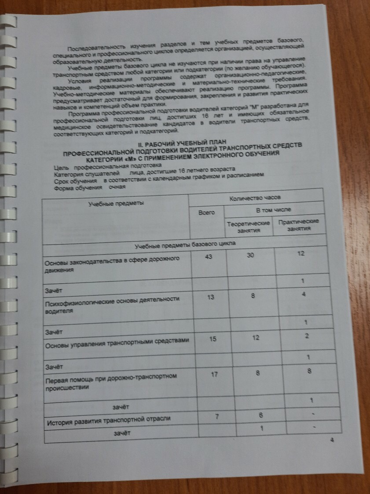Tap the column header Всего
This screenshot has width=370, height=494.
[x=207, y=212]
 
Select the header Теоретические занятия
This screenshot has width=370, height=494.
[x=248, y=227]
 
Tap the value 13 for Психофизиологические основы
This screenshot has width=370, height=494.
[x=211, y=297]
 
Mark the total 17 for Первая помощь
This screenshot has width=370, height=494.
[x=214, y=375]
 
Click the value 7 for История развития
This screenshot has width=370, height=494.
[x=217, y=416]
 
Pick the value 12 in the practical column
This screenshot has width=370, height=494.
[x=301, y=253]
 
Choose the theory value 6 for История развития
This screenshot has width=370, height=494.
[x=260, y=416]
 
